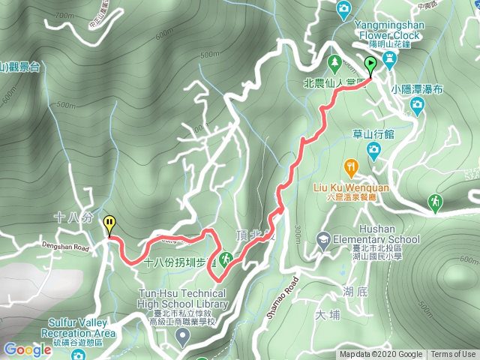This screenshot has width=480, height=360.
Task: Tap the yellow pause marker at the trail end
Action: (109, 223)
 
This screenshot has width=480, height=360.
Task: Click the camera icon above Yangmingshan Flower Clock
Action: (343, 9)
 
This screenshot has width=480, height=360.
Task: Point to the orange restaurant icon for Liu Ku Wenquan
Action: (350, 166)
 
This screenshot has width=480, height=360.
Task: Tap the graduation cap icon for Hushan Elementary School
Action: (323, 240)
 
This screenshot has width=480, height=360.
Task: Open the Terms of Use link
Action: (453, 355)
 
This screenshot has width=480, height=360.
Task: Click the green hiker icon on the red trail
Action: (226, 259)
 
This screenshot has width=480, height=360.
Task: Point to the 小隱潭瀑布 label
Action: (417, 88)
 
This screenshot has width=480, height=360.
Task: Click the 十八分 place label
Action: (73, 217)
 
